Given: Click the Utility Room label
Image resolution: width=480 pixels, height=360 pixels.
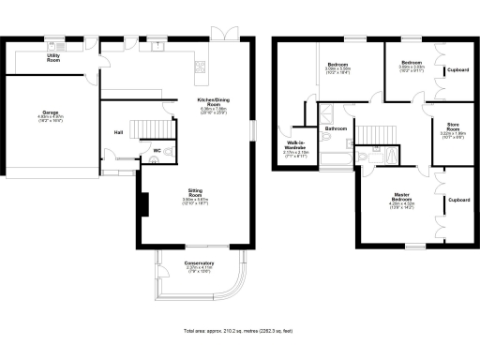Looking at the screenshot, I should [x=53, y=57].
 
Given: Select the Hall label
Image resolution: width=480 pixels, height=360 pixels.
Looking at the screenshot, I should [x=118, y=132].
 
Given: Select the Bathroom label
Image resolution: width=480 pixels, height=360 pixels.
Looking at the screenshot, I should [x=336, y=127].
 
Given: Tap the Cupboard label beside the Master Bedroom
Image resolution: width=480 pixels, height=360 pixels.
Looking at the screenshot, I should [x=458, y=200].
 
